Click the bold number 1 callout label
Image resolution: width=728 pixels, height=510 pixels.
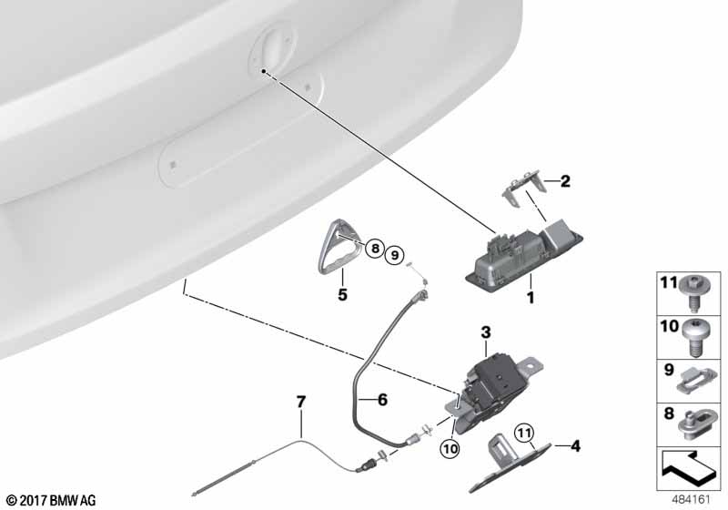pyautogui.click(x=531, y=297)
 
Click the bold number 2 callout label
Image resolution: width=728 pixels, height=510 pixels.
pyautogui.click(x=565, y=181)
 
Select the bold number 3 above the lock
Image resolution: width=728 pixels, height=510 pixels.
pyautogui.click(x=486, y=332)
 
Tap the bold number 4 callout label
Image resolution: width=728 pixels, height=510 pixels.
pyautogui.click(x=575, y=446)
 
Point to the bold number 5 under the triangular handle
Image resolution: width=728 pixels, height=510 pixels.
pyautogui.click(x=343, y=294)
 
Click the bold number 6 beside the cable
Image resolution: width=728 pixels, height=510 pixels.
pyautogui.click(x=382, y=400)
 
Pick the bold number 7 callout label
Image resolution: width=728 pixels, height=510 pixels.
pyautogui.click(x=301, y=402)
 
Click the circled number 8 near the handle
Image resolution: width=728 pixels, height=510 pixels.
pyautogui.click(x=375, y=249)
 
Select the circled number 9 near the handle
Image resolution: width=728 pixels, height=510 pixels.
pyautogui.click(x=395, y=255)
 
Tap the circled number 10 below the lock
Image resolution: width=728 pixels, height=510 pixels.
pyautogui.click(x=450, y=449)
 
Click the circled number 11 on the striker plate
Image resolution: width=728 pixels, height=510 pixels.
pyautogui.click(x=524, y=433)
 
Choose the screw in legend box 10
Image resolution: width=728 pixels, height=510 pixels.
pyautogui.click(x=694, y=338)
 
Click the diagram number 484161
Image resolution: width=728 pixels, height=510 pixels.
pyautogui.click(x=692, y=500)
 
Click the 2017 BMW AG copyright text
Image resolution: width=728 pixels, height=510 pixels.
pyautogui.click(x=51, y=500)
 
